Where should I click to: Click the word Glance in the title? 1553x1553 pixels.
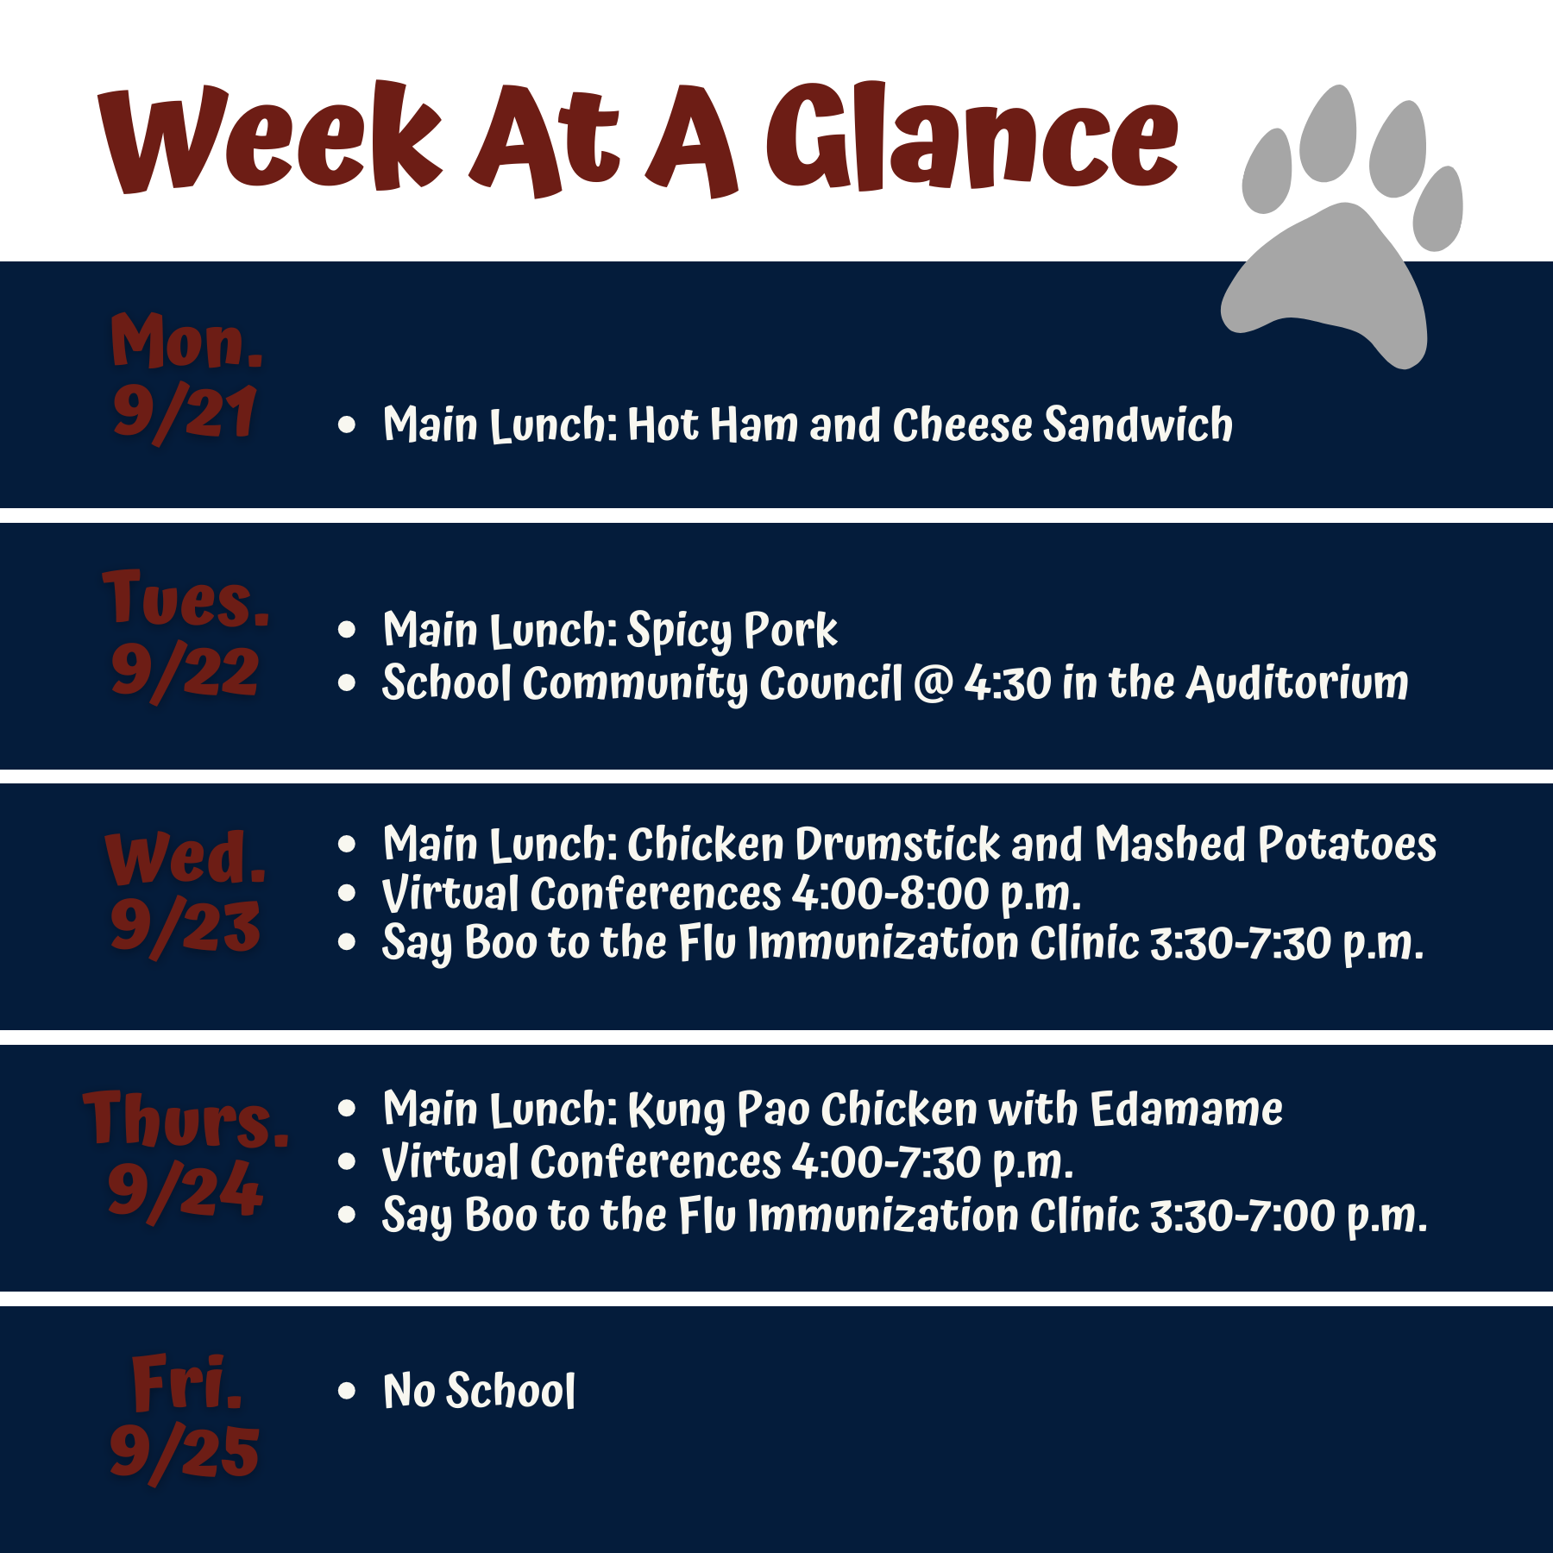click(972, 138)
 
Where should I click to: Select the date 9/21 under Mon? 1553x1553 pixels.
click(185, 413)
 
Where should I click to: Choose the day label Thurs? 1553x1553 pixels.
click(186, 1118)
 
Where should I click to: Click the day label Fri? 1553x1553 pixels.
click(186, 1381)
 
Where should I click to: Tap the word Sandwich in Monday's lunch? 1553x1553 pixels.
click(1138, 424)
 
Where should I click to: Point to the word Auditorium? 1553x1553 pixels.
click(1298, 682)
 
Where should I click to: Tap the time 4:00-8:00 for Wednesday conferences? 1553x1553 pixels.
click(890, 894)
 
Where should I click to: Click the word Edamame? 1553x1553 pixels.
click(1186, 1109)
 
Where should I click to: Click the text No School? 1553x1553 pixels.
click(479, 1391)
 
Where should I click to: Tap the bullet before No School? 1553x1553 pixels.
click(347, 1391)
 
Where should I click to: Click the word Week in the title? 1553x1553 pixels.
click(270, 138)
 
